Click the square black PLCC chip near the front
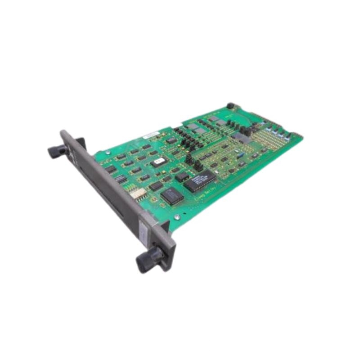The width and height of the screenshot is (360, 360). tap(171, 196)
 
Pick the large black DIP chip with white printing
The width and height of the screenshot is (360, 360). tap(199, 180)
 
